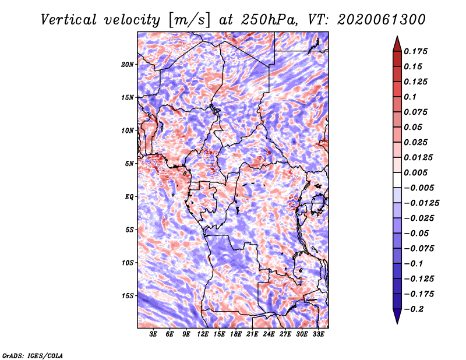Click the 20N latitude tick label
click(128, 64)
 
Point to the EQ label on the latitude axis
click(129, 196)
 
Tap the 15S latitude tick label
click(128, 295)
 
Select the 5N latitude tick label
click(129, 163)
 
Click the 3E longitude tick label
click(154, 335)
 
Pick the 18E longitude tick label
click(236, 335)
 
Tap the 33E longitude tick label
click(318, 335)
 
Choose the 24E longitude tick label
click(269, 335)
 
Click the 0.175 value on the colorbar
click(417, 51)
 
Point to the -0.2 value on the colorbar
click(416, 309)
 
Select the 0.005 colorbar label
click(417, 172)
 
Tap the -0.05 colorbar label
click(417, 233)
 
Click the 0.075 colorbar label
click(417, 112)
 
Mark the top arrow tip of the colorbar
click(396, 37)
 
